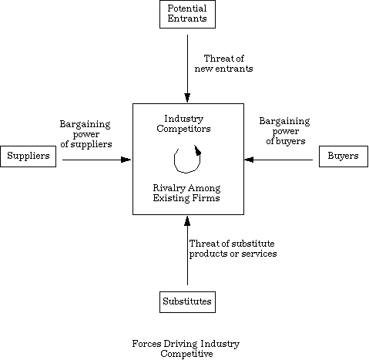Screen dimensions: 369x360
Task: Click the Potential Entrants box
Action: click(x=187, y=14)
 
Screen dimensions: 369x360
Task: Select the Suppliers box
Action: click(x=29, y=156)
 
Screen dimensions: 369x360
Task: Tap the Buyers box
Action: click(x=344, y=156)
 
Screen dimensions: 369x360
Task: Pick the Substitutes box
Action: click(x=187, y=302)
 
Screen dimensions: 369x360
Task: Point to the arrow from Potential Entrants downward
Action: click(x=187, y=69)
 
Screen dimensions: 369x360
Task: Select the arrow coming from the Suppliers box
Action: click(x=96, y=160)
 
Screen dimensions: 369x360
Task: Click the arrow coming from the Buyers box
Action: click(x=278, y=160)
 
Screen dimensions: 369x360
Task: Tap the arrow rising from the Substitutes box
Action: click(x=187, y=251)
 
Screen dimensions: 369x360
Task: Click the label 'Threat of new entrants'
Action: click(x=223, y=63)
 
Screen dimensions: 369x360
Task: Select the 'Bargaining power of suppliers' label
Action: click(x=86, y=134)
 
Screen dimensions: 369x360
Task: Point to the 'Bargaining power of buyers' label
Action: click(x=285, y=131)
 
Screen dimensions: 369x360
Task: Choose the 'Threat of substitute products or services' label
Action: click(x=233, y=248)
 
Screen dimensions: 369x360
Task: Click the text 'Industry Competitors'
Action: click(x=183, y=123)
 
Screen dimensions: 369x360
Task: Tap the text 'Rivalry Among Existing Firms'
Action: click(x=186, y=193)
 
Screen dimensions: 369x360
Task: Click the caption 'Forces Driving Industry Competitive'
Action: click(x=186, y=348)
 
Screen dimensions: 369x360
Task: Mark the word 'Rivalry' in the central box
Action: click(x=169, y=188)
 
